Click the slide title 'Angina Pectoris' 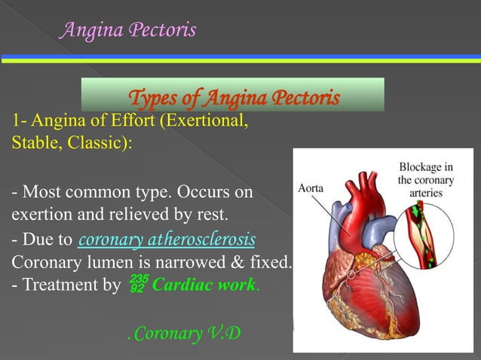click(128, 30)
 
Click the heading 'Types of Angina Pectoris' click(234, 99)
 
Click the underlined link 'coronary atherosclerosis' click(167, 240)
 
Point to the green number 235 click(138, 279)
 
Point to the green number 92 click(136, 288)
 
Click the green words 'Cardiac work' click(204, 285)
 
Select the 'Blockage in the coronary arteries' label click(426, 180)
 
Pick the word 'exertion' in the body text click(39, 216)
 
